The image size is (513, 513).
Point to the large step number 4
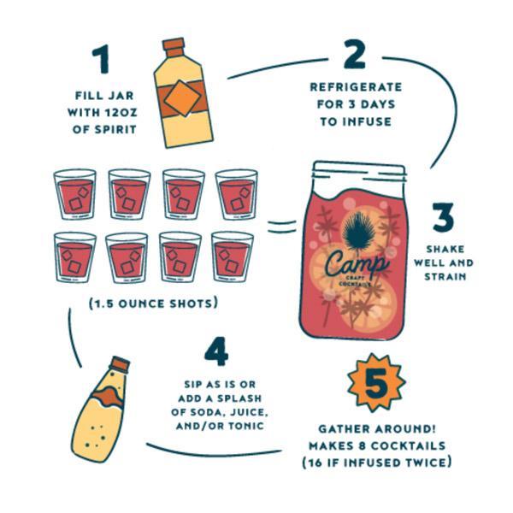[x=217, y=351]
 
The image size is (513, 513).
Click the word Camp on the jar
[x=357, y=260]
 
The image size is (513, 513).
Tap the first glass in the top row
[x=75, y=195]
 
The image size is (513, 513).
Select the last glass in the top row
[x=236, y=195]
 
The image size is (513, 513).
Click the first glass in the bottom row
[x=75, y=257]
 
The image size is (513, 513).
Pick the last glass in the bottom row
[x=233, y=257]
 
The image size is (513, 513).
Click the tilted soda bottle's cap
[x=119, y=365]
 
